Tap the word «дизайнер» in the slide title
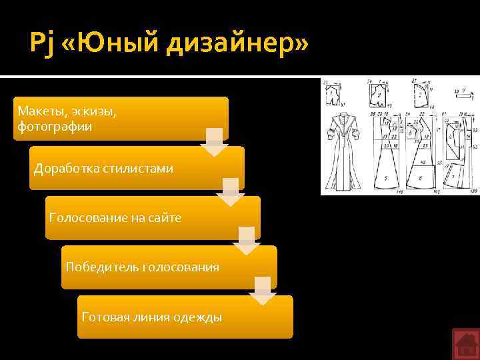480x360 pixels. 235,45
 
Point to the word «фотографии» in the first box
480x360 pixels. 55,125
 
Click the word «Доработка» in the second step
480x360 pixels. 67,169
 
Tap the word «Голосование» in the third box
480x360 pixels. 88,218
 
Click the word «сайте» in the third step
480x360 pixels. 165,218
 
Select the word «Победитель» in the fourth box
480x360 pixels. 100,267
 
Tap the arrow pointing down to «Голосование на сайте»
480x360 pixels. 230,192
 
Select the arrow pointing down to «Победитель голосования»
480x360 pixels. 246,241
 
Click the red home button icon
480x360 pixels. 465,344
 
